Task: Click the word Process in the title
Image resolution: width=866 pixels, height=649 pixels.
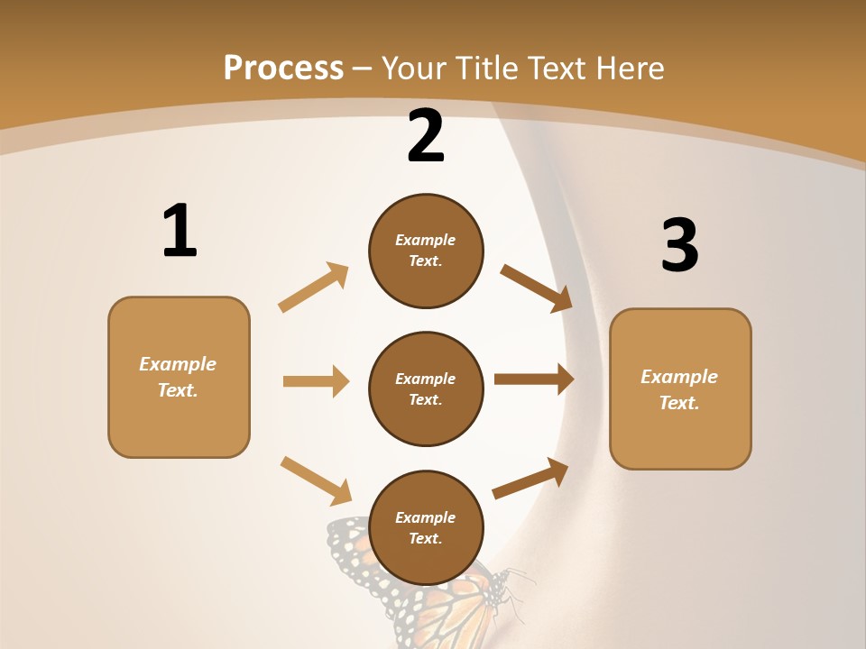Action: (283, 68)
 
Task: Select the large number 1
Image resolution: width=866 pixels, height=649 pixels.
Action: (180, 232)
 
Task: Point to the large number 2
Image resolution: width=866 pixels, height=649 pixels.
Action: (426, 137)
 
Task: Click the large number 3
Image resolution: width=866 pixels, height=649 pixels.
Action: (679, 246)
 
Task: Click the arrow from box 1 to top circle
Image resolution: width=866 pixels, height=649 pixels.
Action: (314, 287)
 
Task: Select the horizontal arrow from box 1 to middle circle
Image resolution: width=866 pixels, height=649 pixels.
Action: (316, 381)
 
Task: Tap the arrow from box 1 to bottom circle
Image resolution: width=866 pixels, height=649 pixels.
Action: (316, 480)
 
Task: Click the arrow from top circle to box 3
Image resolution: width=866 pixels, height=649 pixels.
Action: (536, 288)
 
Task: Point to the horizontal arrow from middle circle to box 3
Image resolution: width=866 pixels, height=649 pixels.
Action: (534, 379)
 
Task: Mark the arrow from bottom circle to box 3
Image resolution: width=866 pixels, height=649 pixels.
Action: (530, 478)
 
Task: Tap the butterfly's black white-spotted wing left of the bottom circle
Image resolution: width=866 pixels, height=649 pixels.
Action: (350, 550)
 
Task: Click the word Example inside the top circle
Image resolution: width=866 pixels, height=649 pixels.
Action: (426, 240)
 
